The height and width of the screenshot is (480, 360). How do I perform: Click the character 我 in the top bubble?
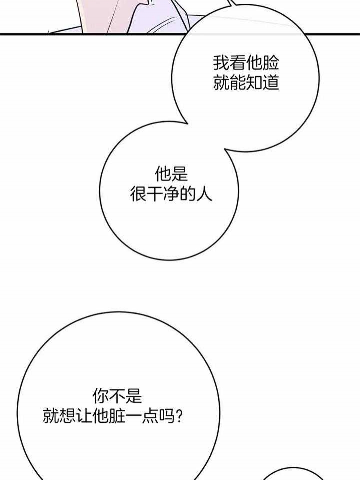[x=221, y=63]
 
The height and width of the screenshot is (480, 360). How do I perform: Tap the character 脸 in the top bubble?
[x=271, y=63]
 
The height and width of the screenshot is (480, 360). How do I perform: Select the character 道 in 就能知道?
[x=271, y=82]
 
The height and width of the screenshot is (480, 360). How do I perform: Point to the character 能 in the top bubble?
[x=238, y=82]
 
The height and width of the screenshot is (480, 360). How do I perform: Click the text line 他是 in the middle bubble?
[x=171, y=174]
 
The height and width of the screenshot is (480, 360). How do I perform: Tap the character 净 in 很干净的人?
[x=171, y=194]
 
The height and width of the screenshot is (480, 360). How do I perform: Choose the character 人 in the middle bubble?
[x=204, y=194]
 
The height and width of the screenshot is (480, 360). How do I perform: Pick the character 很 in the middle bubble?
[x=138, y=194]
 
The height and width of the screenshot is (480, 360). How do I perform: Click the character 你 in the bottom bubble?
[x=101, y=396]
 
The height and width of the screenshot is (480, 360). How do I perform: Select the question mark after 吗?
[x=180, y=416]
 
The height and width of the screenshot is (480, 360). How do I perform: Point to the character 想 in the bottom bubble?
[x=67, y=416]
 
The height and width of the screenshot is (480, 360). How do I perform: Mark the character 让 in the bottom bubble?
[x=84, y=416]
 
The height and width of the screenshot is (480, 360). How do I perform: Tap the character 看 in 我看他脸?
[x=238, y=63]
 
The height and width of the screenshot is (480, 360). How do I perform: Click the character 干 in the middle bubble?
[x=154, y=194]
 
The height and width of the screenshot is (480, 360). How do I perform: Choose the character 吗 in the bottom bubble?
[x=167, y=416]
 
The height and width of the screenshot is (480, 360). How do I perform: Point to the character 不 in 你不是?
[x=117, y=396]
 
